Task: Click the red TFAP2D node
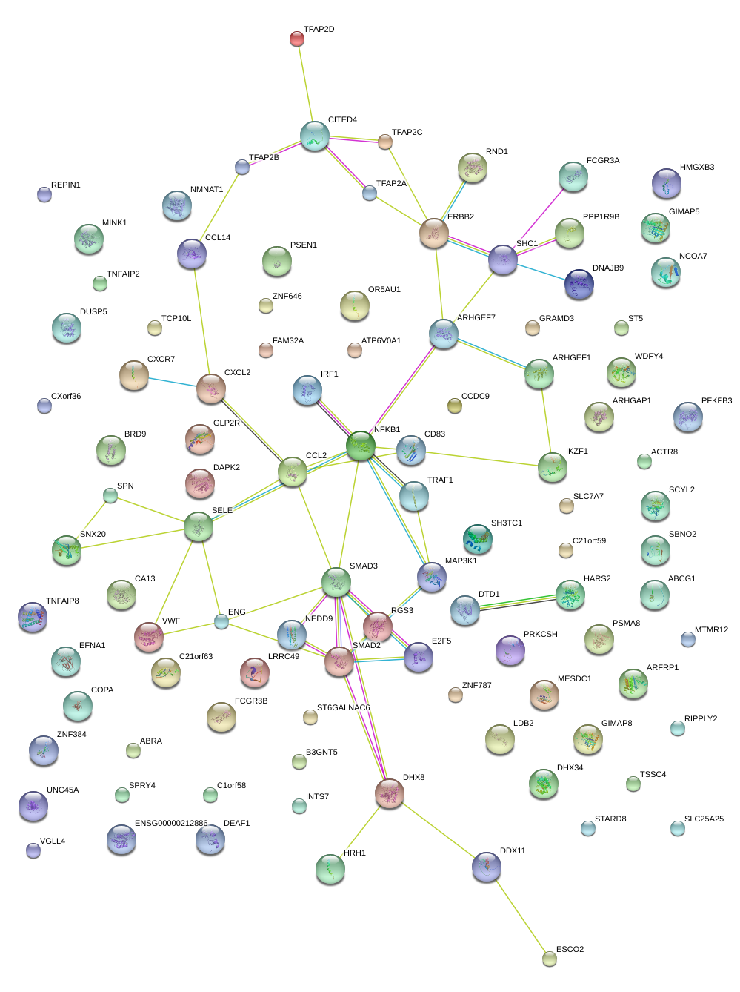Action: click(x=296, y=39)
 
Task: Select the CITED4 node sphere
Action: click(x=315, y=136)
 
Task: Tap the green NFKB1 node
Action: click(x=361, y=446)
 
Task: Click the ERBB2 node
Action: click(x=434, y=233)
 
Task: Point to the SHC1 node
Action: click(x=503, y=259)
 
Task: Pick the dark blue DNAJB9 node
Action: click(x=579, y=285)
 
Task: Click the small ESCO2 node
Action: click(x=549, y=959)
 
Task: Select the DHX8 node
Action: click(x=390, y=793)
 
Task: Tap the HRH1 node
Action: click(x=330, y=869)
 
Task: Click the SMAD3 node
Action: click(x=336, y=583)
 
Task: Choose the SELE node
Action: click(x=199, y=526)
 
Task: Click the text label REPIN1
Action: click(x=66, y=185)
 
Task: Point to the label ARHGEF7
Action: click(x=476, y=318)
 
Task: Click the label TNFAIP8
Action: click(x=62, y=601)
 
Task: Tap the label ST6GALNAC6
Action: click(x=343, y=708)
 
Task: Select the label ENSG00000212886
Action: click(x=171, y=824)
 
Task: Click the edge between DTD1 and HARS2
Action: click(x=517, y=602)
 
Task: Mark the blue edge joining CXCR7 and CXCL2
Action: click(x=173, y=383)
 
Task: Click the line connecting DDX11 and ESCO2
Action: click(x=518, y=913)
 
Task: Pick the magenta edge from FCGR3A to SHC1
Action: click(x=538, y=219)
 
